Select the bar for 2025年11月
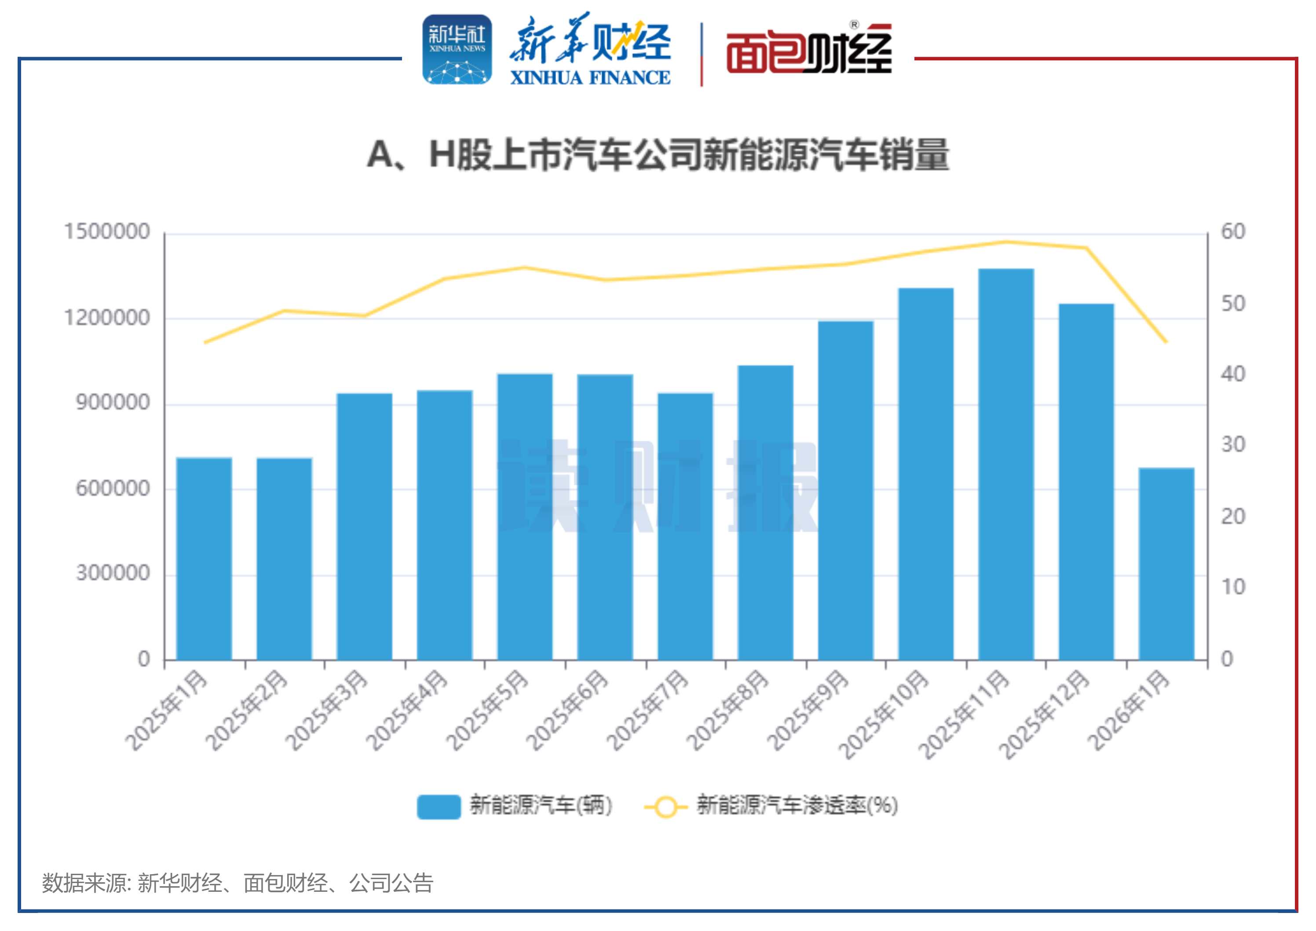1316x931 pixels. [1005, 464]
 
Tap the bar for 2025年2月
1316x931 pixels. [284, 559]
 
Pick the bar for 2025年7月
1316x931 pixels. [685, 526]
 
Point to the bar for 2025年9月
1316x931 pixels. [845, 490]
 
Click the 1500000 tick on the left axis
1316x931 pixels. [106, 231]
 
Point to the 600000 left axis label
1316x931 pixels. [112, 488]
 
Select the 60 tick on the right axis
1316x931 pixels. [1233, 231]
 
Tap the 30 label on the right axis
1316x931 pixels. [1233, 445]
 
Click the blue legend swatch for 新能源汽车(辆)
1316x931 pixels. [439, 806]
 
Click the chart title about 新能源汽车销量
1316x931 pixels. [658, 155]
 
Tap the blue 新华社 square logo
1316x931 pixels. [457, 50]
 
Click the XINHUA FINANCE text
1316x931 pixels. [590, 77]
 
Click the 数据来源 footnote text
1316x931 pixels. [237, 883]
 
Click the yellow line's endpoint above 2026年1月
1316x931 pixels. [1166, 342]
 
